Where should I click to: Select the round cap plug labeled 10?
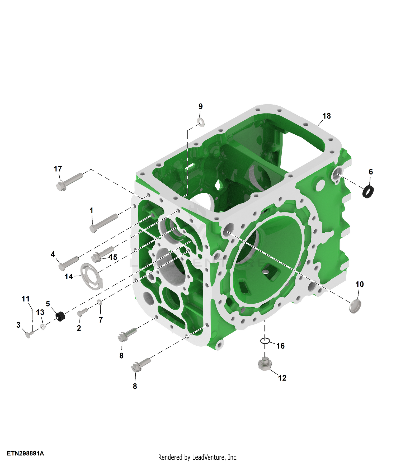click(x=355, y=306)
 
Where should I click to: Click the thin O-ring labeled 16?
click(x=265, y=341)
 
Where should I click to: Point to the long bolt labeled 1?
click(x=103, y=223)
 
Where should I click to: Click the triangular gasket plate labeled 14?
click(x=91, y=276)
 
